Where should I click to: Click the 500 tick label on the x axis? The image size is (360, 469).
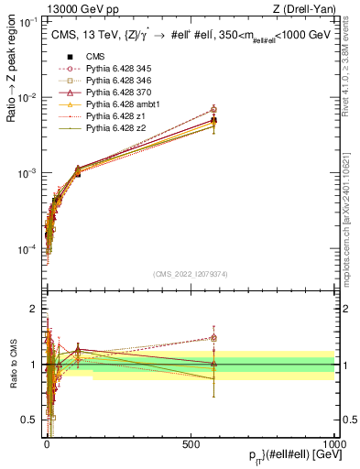[191, 444]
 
